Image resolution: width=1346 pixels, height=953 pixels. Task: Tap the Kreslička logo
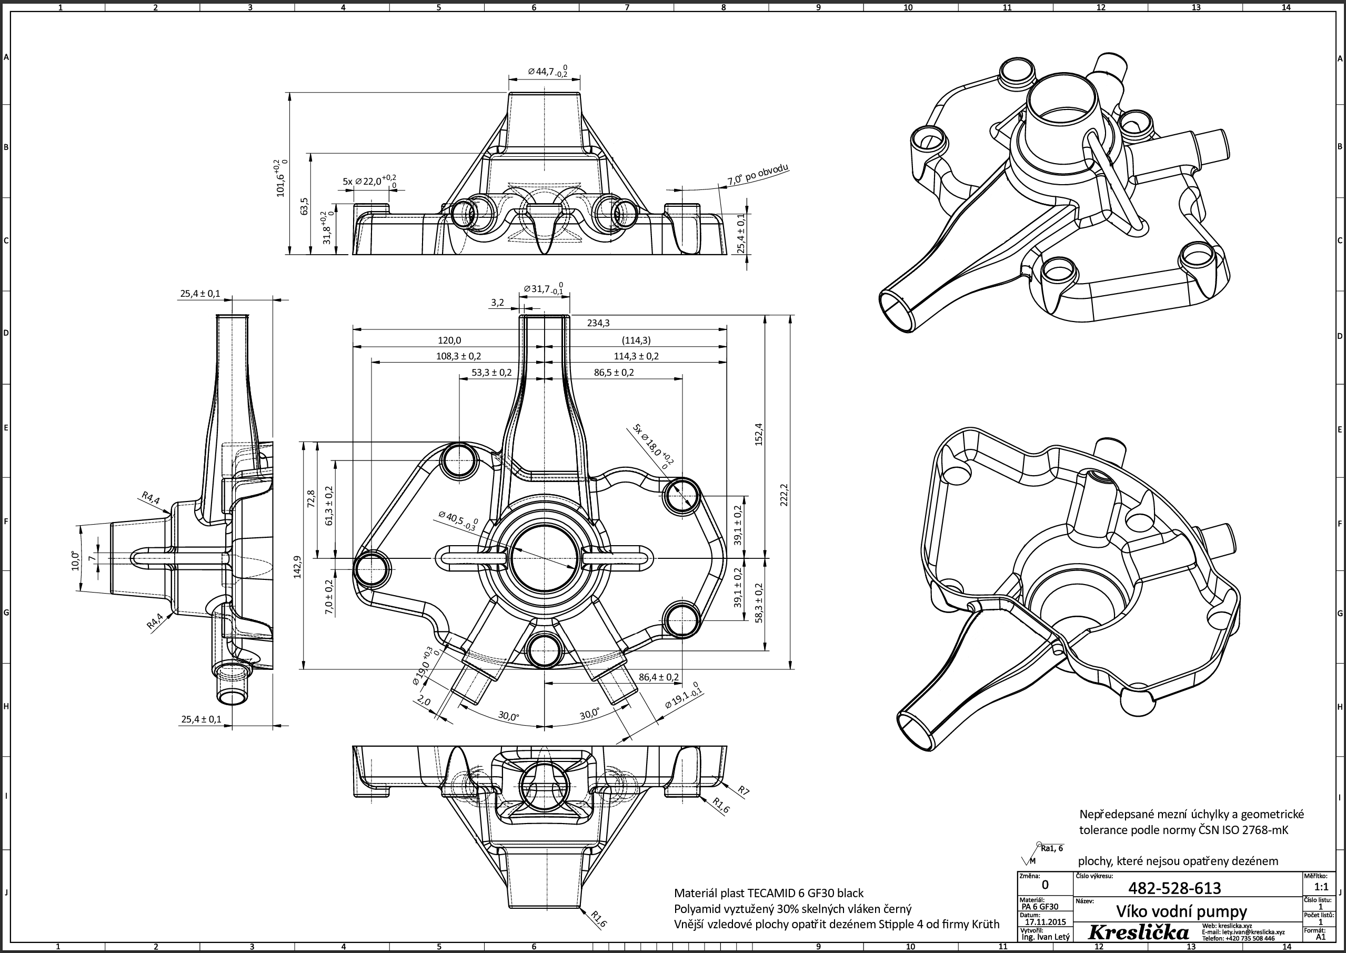pyautogui.click(x=1138, y=933)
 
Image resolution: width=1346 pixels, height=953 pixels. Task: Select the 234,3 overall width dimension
pyautogui.click(x=598, y=323)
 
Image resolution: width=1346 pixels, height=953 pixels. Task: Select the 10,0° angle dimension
pyautogui.click(x=76, y=561)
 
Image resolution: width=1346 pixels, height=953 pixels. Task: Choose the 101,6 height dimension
pyautogui.click(x=281, y=177)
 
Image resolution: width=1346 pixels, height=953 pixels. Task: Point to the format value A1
pyautogui.click(x=1321, y=937)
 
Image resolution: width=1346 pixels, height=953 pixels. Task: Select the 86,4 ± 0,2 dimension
pyautogui.click(x=658, y=677)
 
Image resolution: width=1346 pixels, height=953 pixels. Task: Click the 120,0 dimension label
pyautogui.click(x=449, y=340)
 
